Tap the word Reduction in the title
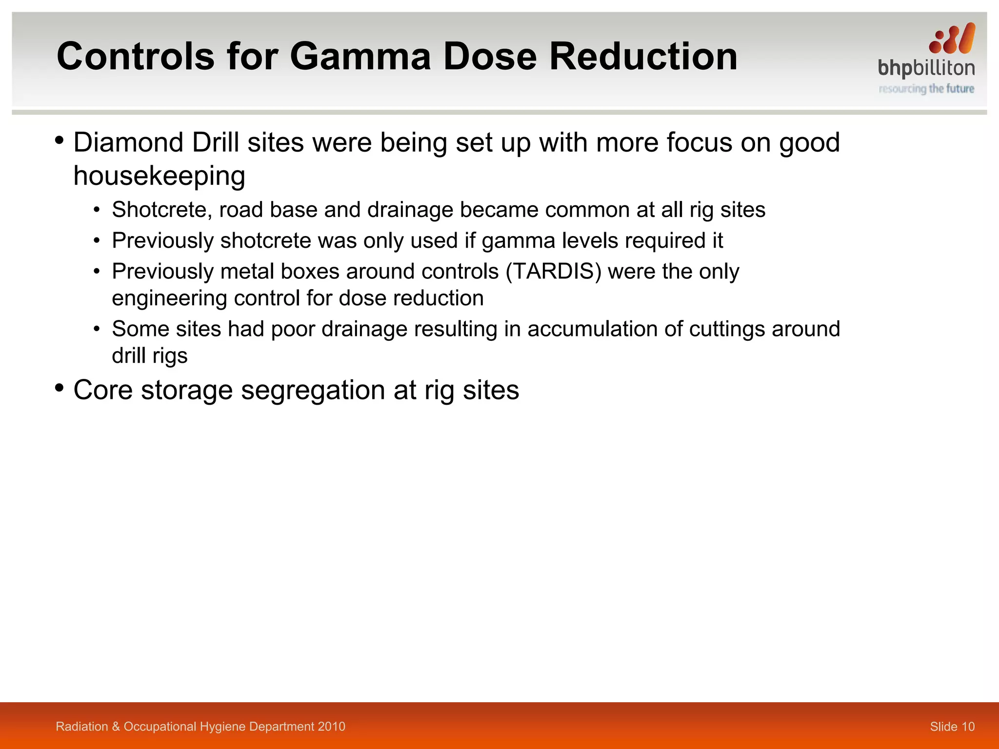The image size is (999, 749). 643,57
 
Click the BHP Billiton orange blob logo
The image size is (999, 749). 952,39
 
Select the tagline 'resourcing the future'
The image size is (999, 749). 926,89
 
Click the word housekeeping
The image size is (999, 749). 159,176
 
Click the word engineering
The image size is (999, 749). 169,298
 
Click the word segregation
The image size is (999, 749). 313,391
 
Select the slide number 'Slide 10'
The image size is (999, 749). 952,727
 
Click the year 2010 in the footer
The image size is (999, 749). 332,727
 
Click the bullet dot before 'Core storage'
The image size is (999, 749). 60,388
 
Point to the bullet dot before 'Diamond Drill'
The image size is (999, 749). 60,141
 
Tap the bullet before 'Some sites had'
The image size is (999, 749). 97,329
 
